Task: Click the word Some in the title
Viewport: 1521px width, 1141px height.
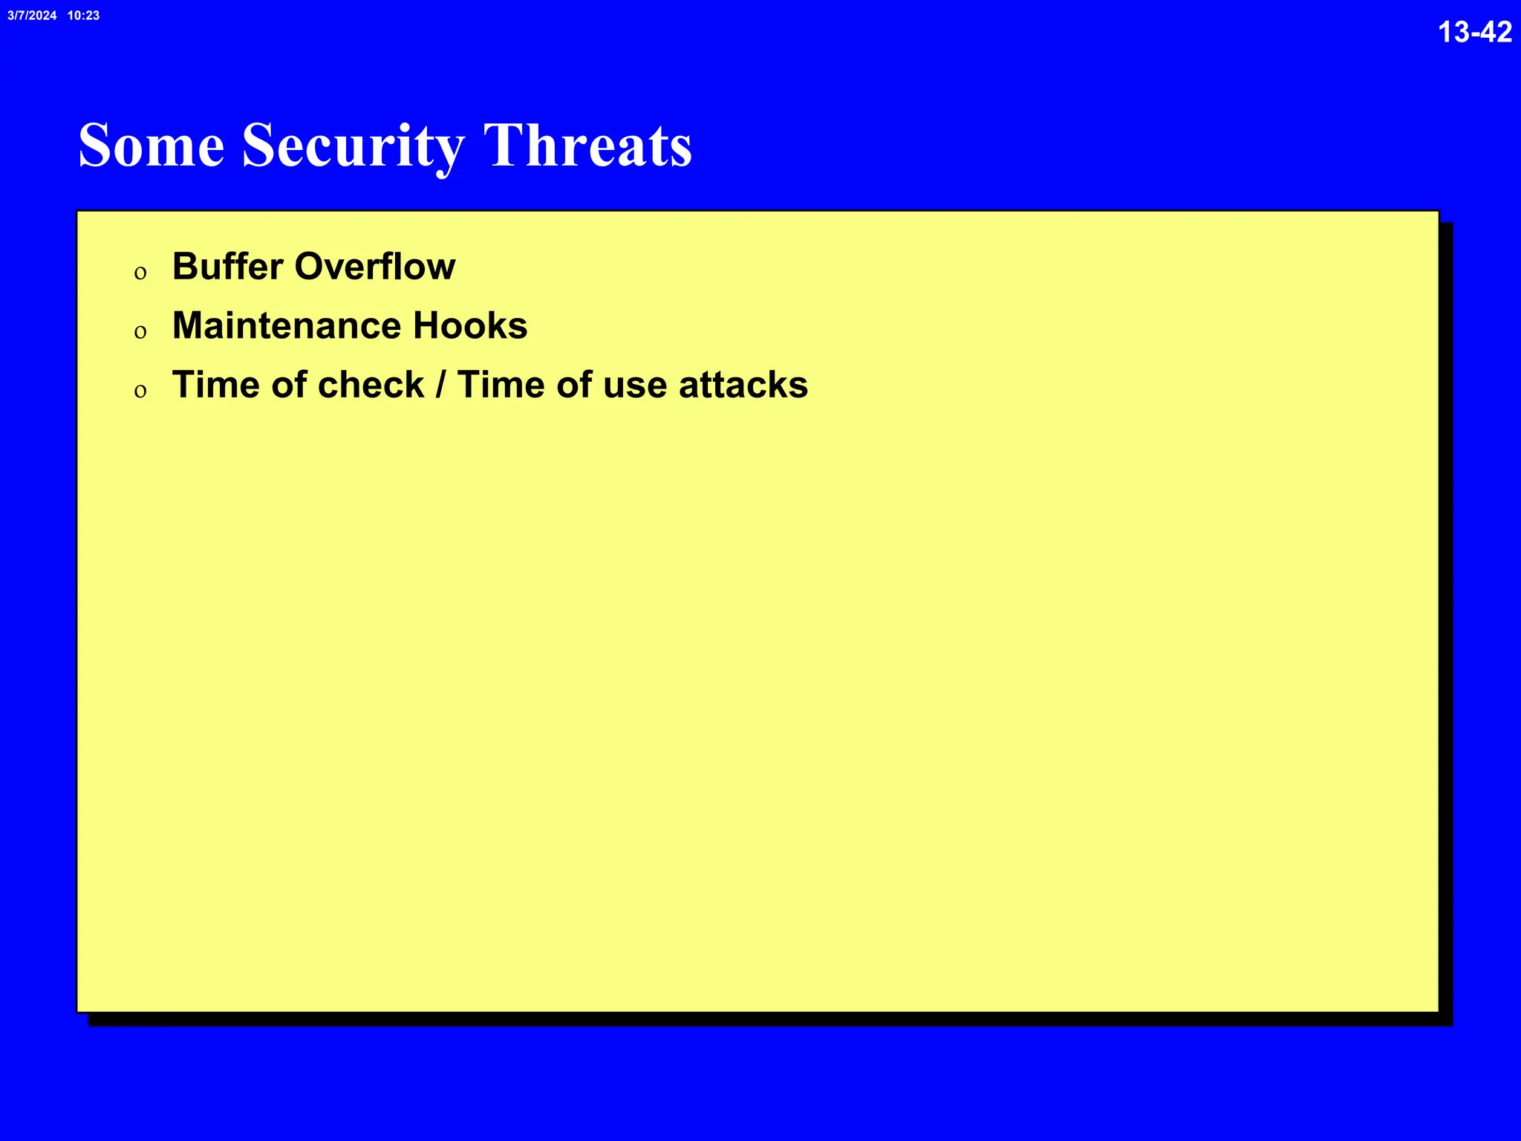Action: [152, 146]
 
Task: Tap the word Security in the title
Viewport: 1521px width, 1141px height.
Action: [354, 146]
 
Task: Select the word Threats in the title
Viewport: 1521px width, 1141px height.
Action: [587, 146]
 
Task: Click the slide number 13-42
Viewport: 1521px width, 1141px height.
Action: [1474, 32]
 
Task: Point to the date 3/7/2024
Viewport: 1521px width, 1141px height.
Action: [32, 16]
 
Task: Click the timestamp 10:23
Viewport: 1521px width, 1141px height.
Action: [83, 16]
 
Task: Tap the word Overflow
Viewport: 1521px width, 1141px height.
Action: [375, 267]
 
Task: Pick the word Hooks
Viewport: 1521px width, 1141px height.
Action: [470, 326]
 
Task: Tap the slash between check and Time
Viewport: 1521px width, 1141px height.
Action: [441, 385]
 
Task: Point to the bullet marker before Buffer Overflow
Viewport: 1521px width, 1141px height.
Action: [140, 273]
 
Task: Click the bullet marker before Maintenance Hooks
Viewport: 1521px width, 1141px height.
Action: [140, 332]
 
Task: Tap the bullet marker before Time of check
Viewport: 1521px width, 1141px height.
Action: [140, 391]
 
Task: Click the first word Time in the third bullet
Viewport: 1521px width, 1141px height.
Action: [216, 385]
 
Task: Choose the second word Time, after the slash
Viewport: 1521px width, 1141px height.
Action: [501, 385]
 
